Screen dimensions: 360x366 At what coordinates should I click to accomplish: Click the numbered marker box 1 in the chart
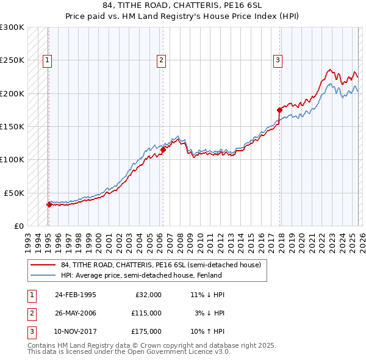click(47, 60)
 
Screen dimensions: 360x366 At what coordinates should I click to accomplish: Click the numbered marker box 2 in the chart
click(161, 60)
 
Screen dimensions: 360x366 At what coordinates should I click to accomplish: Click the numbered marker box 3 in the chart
click(278, 60)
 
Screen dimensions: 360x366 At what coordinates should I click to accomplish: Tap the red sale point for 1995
click(49, 204)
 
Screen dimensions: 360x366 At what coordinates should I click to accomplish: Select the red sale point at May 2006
click(163, 149)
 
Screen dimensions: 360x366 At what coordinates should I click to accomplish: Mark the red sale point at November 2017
click(279, 110)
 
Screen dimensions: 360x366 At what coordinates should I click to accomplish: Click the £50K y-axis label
click(14, 193)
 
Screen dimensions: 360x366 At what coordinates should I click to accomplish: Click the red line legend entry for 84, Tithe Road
click(161, 265)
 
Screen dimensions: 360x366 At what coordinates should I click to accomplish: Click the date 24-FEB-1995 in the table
click(75, 295)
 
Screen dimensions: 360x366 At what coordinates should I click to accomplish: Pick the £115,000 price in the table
click(146, 313)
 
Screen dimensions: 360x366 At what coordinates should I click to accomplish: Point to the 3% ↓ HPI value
click(209, 313)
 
